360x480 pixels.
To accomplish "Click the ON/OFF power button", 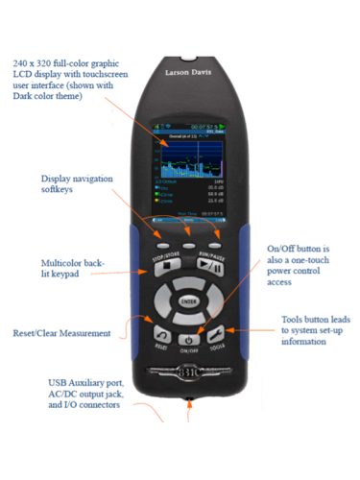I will tap(190, 339).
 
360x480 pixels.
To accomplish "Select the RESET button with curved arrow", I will tap(161, 335).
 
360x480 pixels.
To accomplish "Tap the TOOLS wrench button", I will tap(218, 335).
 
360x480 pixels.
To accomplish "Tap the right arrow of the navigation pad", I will tap(217, 300).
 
